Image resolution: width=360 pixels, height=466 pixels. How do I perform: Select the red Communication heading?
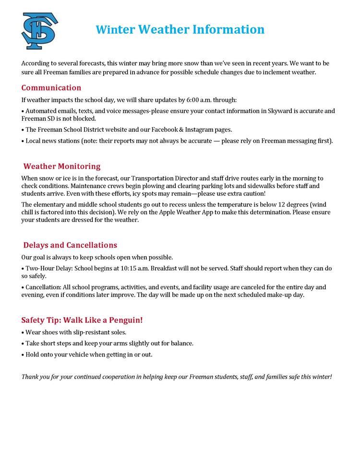51,88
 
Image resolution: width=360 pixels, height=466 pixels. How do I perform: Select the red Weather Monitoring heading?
62,167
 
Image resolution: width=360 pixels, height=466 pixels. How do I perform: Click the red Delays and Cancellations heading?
70,245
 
